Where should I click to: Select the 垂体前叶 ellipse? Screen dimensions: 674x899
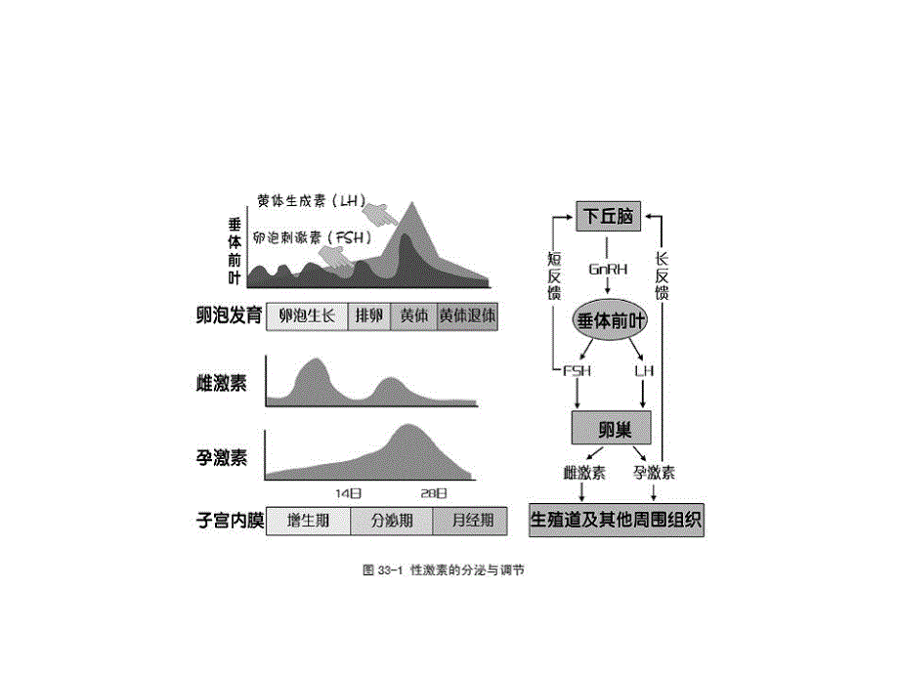pos(609,319)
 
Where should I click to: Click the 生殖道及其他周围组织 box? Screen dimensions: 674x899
pos(617,519)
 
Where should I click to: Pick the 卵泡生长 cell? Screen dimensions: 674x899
pos(307,316)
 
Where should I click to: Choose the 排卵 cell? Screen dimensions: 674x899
pos(368,316)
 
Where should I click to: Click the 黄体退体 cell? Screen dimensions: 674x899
pos(467,316)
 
